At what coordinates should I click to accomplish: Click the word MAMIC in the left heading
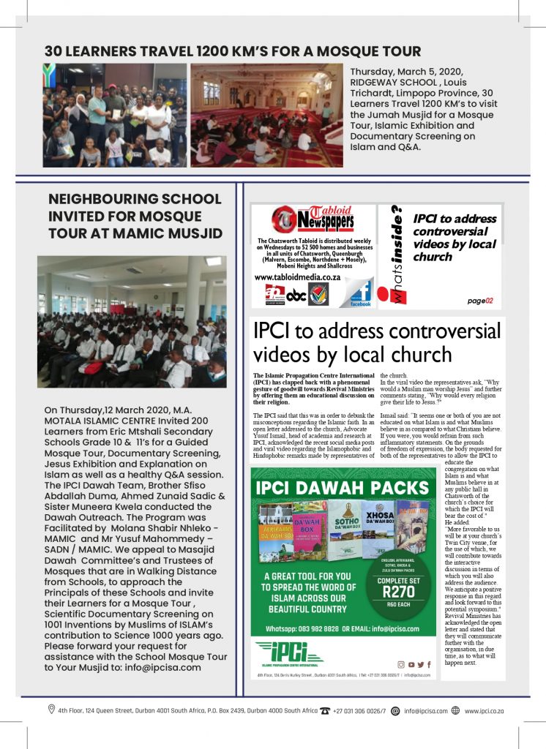[164, 233]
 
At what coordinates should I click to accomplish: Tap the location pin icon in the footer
[51, 709]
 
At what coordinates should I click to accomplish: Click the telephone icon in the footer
[325, 710]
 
